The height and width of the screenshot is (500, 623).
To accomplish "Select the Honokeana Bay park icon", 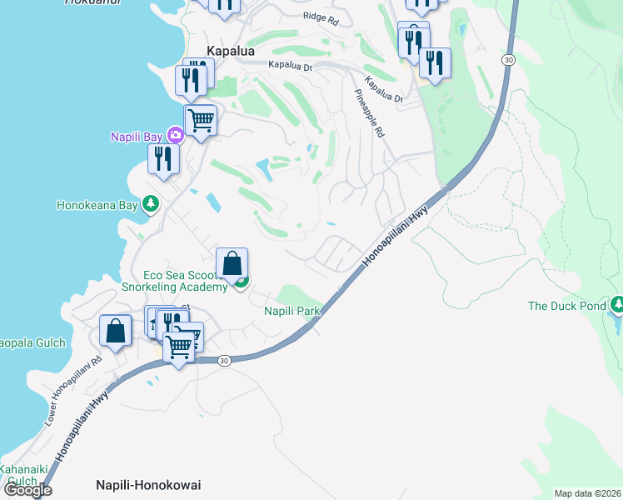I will [150, 204].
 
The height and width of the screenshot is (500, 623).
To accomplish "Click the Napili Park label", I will [292, 311].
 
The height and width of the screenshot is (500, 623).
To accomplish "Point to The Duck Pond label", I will [566, 306].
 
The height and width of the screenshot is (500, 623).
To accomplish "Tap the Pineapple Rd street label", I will [372, 113].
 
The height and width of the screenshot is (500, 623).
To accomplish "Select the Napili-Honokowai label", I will [148, 485].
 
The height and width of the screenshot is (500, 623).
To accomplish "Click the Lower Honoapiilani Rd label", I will [73, 392].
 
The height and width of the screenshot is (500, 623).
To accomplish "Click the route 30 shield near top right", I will [507, 60].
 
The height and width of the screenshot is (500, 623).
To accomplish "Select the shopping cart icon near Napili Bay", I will [201, 120].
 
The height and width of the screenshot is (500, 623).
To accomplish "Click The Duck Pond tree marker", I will [617, 305].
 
